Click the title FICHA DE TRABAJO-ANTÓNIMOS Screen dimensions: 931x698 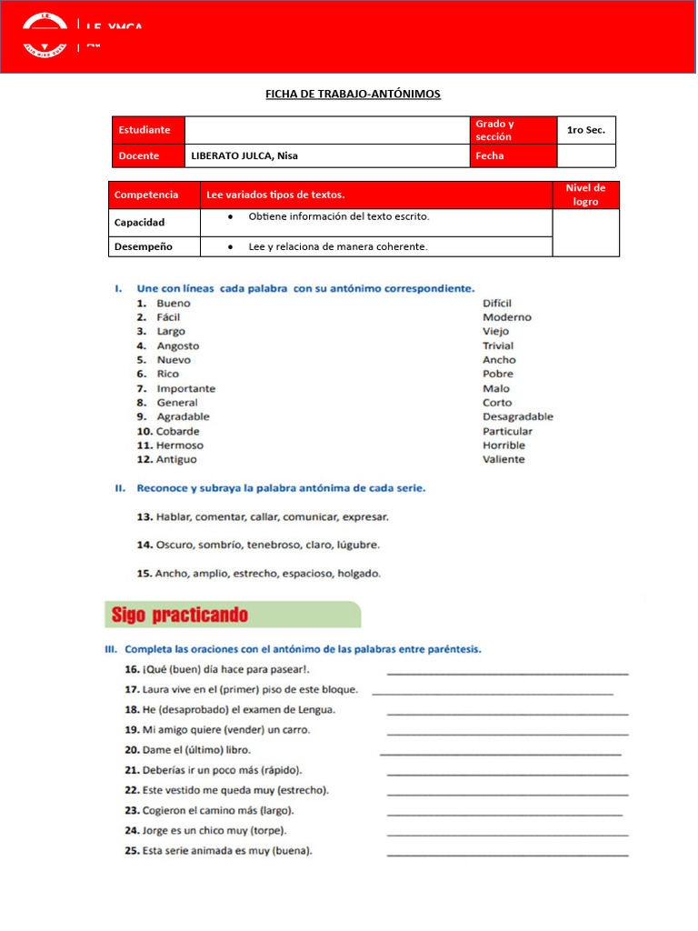(353, 94)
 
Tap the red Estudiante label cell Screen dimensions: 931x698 (148, 130)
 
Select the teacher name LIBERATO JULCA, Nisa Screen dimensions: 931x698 (244, 155)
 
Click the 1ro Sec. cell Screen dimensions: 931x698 (585, 130)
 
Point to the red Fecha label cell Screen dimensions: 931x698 (513, 155)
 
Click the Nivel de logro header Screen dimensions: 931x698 (585, 195)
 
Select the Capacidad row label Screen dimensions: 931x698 (139, 222)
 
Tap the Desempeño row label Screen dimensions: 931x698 (144, 246)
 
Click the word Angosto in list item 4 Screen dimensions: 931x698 (178, 345)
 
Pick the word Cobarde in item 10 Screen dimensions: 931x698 (178, 431)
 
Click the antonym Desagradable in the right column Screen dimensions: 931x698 (518, 416)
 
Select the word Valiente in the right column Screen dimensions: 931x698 (504, 459)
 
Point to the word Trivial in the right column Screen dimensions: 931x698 (498, 345)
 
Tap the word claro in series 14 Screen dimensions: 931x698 (324, 545)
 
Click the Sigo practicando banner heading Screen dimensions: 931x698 (180, 616)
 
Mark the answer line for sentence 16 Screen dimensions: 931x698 (507, 672)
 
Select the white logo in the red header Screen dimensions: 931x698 (45, 35)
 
